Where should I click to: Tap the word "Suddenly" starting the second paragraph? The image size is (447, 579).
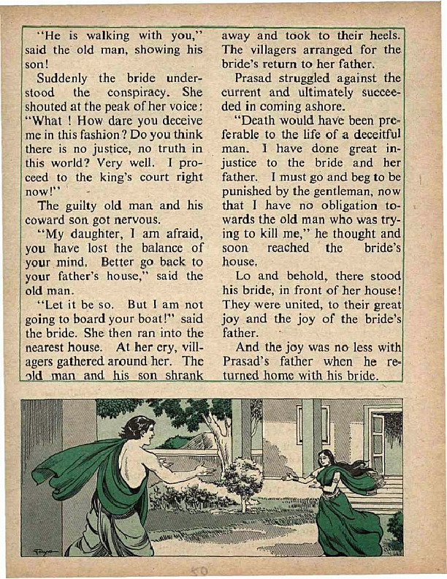pyautogui.click(x=64, y=78)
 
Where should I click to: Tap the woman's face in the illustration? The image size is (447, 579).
pyautogui.click(x=326, y=459)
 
